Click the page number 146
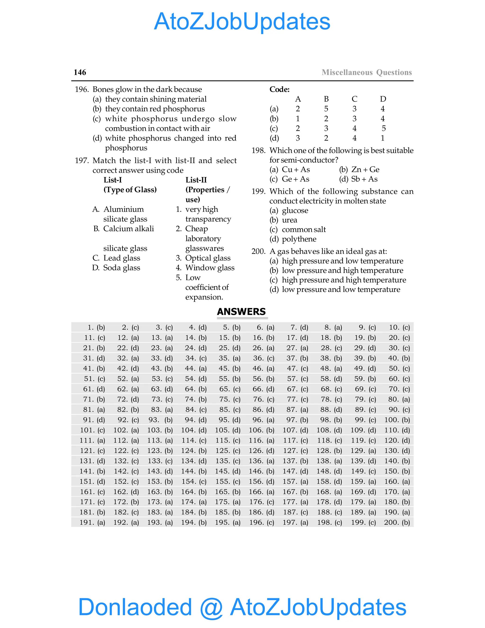click(x=80, y=72)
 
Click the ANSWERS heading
click(x=241, y=312)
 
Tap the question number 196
click(x=82, y=89)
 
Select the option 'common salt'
click(x=304, y=229)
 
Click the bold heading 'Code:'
click(x=279, y=89)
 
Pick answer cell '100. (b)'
click(x=397, y=420)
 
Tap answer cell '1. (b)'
click(x=96, y=327)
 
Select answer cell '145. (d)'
click(x=228, y=471)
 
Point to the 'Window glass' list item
click(x=210, y=268)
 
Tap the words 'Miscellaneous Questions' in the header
click(x=367, y=72)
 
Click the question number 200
click(x=258, y=251)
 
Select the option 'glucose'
click(x=295, y=210)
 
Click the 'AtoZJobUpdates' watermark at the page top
click(x=242, y=22)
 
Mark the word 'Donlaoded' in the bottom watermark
click(x=135, y=607)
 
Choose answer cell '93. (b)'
click(x=160, y=420)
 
